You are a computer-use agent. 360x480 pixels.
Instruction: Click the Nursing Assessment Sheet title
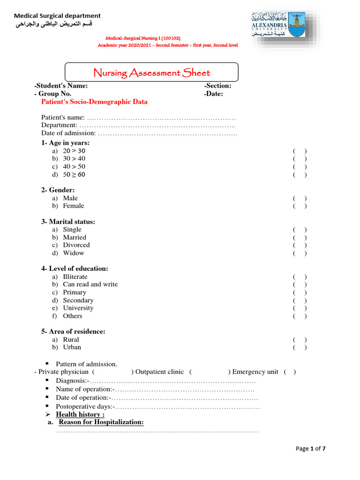click(151, 73)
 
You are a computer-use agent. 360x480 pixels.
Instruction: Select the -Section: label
click(217, 86)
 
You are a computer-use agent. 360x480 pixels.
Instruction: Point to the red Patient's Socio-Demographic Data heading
click(94, 102)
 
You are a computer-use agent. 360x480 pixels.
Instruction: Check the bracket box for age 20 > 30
click(300, 151)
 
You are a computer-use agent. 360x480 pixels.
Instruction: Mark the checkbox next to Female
click(300, 206)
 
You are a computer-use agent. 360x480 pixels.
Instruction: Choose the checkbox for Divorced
click(300, 245)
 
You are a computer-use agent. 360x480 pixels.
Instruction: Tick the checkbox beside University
click(300, 308)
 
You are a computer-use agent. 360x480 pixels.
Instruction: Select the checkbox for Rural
click(300, 339)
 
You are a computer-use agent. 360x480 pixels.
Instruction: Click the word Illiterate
click(75, 277)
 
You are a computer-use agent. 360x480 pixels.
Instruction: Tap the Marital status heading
click(68, 222)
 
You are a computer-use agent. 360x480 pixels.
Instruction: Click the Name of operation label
click(84, 389)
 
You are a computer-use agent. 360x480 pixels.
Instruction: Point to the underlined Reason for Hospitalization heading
click(100, 422)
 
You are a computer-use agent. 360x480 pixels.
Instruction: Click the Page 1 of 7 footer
click(310, 449)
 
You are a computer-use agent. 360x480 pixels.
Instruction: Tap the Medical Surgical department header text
click(57, 16)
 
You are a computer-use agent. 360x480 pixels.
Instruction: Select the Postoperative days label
click(84, 406)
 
